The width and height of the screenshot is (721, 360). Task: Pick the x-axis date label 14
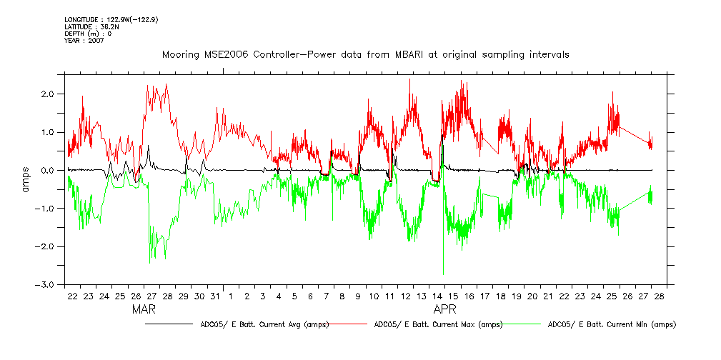pos(437,296)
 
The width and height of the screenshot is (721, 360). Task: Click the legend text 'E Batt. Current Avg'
pos(262,324)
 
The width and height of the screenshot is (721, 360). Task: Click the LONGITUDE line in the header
pos(111,19)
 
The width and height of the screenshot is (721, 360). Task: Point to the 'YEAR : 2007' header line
pos(84,41)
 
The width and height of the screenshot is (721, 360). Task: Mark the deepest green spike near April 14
pos(443,274)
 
